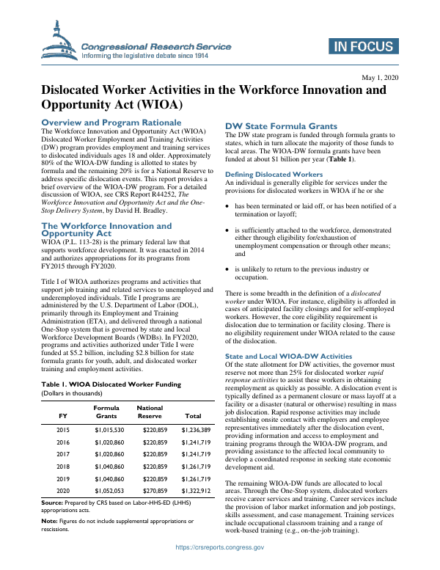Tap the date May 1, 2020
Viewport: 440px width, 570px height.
click(x=380, y=77)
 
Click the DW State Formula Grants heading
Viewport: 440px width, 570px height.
click(x=281, y=125)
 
